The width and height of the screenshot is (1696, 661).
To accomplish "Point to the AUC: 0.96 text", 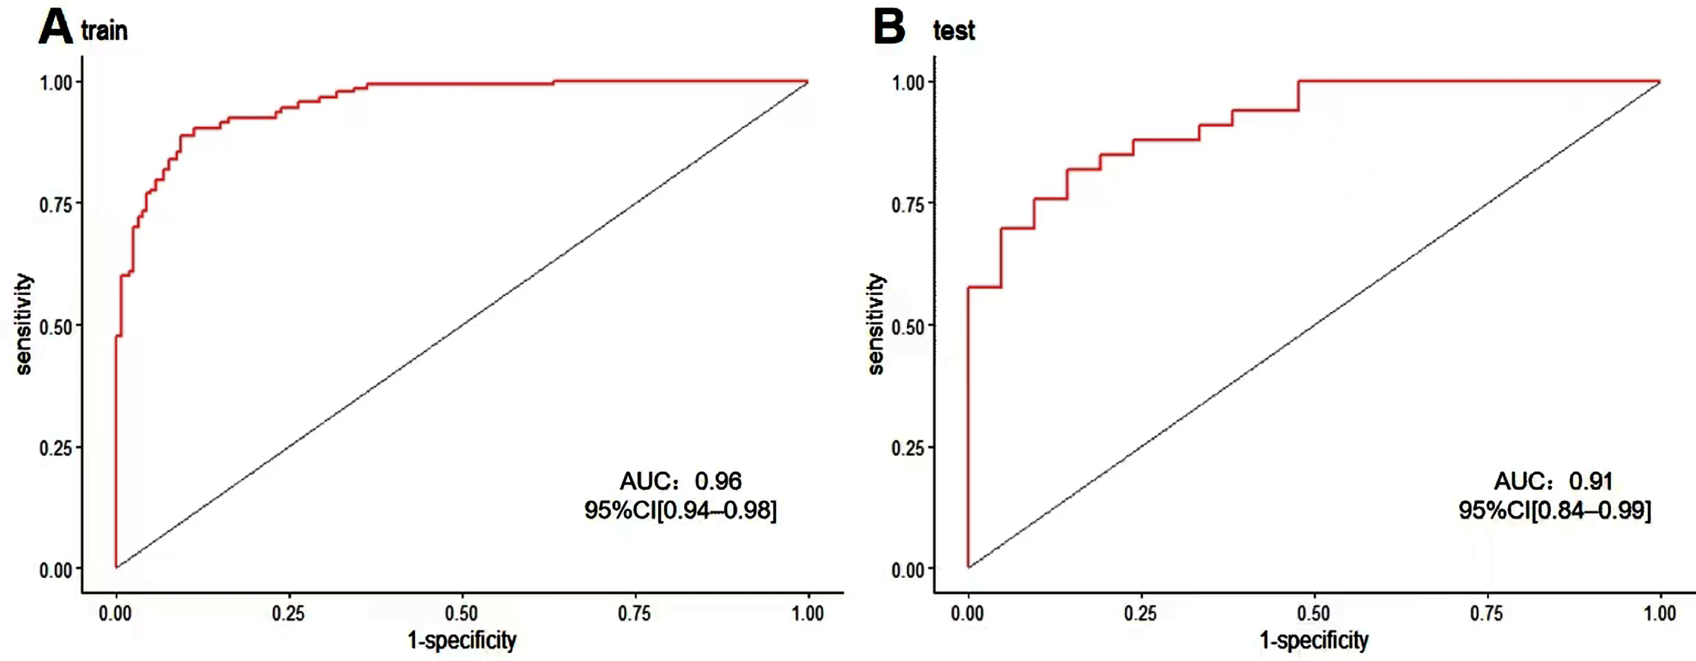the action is (x=681, y=481).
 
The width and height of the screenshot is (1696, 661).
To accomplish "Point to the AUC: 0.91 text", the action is (x=1553, y=481).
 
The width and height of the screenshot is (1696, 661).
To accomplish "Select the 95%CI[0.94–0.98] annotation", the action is (x=681, y=510).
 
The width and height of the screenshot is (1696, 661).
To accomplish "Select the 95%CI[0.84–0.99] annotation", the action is (x=1555, y=510).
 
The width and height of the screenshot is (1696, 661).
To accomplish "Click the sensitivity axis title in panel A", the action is (x=24, y=324).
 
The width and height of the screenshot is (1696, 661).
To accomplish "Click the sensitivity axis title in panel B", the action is (x=876, y=324).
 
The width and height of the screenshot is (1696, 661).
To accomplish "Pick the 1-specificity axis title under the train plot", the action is (x=462, y=640).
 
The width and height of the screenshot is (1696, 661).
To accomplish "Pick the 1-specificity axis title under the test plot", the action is (x=1314, y=640).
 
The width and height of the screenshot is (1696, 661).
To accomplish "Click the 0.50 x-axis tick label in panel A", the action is (x=461, y=614).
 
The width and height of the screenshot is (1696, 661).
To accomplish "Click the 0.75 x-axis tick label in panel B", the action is (x=1487, y=614).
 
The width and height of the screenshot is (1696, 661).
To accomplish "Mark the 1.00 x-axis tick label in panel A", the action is (x=808, y=614).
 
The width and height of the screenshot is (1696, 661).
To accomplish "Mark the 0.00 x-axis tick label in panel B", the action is (x=967, y=614).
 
